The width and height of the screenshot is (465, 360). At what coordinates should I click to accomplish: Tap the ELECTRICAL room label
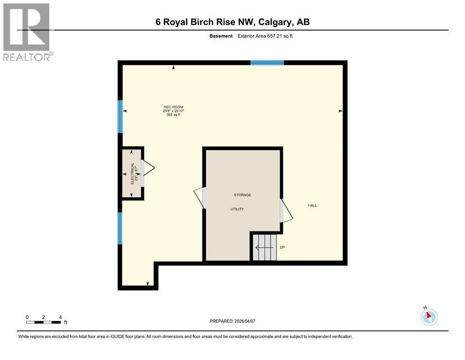pos(133,173)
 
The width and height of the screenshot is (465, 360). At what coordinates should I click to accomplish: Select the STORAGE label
pos(243,195)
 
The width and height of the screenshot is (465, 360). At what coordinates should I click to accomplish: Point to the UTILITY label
pos(237,209)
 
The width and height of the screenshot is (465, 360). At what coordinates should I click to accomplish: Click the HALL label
pos(312,205)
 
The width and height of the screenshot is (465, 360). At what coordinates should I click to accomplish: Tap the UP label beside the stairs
pos(282,247)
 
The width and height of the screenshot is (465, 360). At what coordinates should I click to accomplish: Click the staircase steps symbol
pos(265,247)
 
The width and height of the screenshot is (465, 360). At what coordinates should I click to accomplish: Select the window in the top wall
pos(267,63)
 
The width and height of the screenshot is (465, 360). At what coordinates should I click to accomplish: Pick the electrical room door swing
pos(148,167)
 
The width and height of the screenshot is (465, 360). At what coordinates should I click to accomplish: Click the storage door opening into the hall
pos(286,211)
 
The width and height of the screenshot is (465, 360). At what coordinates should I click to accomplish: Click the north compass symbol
pos(429,316)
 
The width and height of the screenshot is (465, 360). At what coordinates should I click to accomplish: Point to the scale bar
pos(44,322)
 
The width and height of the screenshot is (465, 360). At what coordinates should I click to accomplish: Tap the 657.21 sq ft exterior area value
pos(283,36)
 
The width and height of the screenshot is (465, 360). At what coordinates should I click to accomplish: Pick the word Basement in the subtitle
pos(221,36)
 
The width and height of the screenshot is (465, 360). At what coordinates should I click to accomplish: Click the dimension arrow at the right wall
pos(340,111)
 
